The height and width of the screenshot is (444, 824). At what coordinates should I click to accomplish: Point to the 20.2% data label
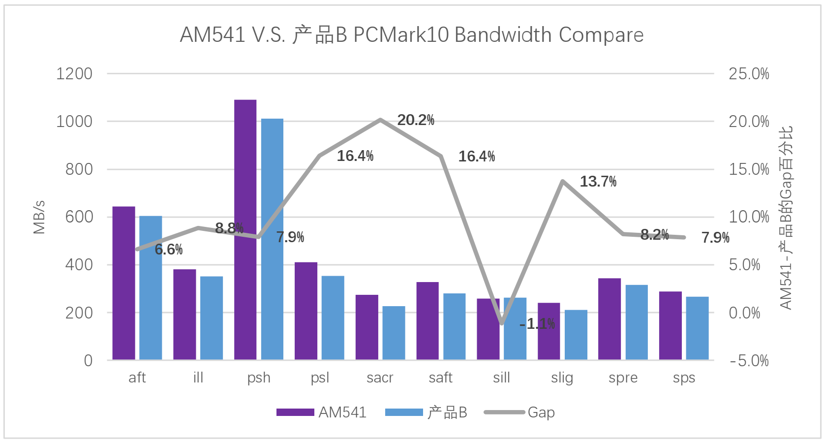tap(416, 120)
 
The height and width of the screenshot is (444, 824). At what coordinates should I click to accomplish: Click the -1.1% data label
tap(537, 324)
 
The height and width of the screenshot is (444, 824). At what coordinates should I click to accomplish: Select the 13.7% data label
tap(598, 182)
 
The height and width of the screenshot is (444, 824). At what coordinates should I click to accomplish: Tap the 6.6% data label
tap(169, 250)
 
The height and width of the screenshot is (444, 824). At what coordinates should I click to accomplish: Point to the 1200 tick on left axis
tap(74, 74)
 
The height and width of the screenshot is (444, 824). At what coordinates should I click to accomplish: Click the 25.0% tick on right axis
tap(749, 74)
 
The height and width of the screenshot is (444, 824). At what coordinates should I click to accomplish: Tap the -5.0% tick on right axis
tap(749, 361)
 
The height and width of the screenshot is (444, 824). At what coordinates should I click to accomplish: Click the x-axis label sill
tap(501, 378)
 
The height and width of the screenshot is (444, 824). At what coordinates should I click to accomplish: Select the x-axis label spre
tap(623, 378)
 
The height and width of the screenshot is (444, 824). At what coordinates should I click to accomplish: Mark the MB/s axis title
tap(39, 217)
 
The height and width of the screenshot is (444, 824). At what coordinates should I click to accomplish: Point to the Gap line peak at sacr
tap(380, 119)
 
